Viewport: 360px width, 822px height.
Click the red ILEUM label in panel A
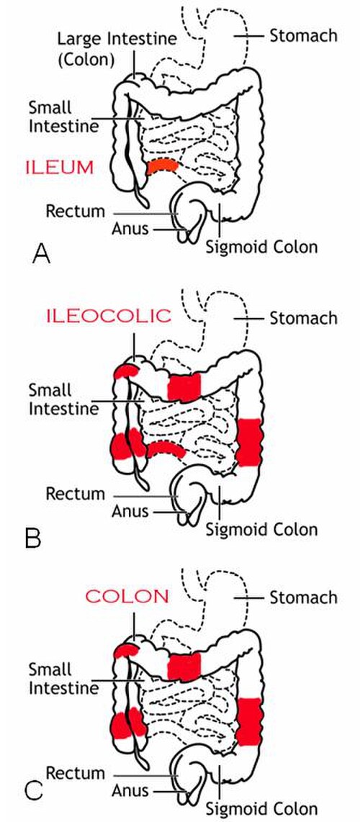[x=59, y=168]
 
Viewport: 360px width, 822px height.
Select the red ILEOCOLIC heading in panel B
[x=109, y=315]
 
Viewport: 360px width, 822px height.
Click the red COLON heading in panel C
[x=127, y=596]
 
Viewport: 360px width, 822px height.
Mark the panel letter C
[x=34, y=790]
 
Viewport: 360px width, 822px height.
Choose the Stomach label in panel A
[x=303, y=36]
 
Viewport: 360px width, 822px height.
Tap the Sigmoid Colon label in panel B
[x=261, y=529]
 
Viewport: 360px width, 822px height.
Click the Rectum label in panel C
[x=76, y=773]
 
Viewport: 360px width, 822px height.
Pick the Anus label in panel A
[x=130, y=228]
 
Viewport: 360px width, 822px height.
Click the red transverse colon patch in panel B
[x=184, y=387]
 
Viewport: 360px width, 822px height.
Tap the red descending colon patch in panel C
[x=248, y=721]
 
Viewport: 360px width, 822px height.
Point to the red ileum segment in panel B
[x=166, y=448]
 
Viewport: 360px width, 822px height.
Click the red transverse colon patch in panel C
[x=184, y=667]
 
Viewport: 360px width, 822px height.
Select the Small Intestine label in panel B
[x=63, y=399]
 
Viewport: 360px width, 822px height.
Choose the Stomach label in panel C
[x=303, y=597]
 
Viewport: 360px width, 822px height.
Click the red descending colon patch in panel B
[x=248, y=442]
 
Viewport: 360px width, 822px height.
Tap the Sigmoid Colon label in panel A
[x=261, y=246]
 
